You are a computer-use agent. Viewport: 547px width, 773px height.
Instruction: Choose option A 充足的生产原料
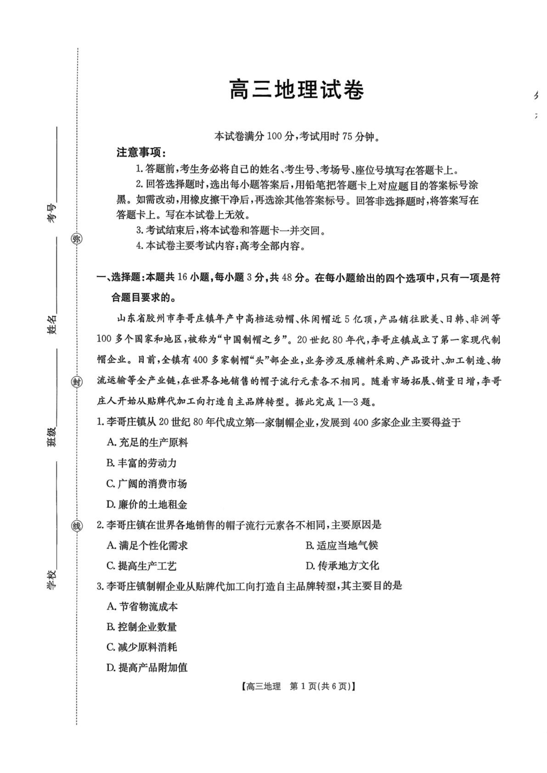coord(147,442)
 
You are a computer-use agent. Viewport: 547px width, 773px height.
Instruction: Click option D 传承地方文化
coord(342,566)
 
